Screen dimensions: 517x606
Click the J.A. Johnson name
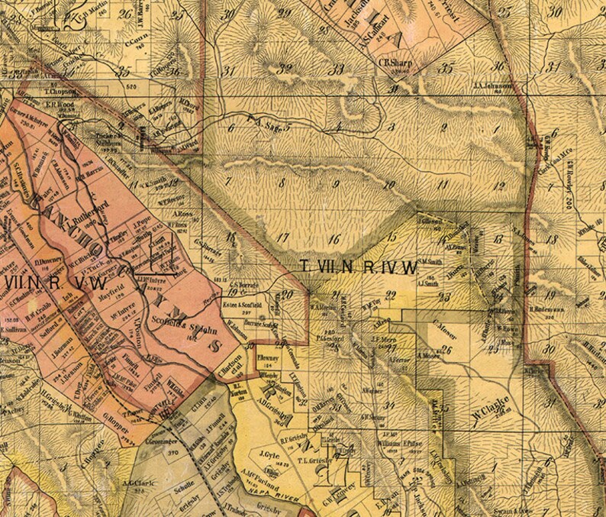pos(492,86)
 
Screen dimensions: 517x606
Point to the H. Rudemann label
pos(544,309)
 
